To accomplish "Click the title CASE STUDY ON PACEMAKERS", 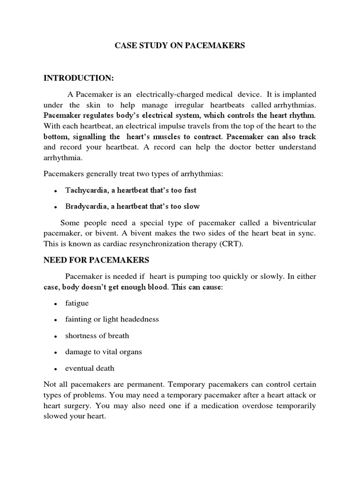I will click(180, 46).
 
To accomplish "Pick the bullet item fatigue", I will click(77, 303).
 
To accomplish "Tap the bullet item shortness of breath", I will click(97, 336).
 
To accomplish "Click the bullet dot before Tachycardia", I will click(56, 191).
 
